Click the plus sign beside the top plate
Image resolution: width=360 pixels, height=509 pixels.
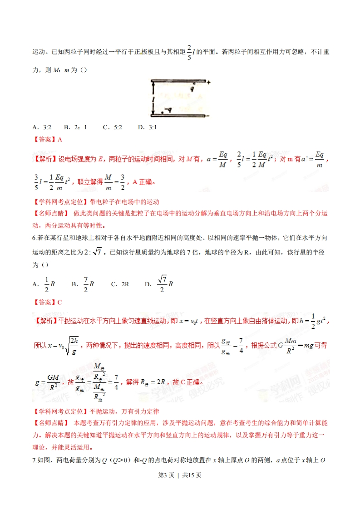point(208,82)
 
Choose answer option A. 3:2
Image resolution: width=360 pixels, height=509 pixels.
point(42,127)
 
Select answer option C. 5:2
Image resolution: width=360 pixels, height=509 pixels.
point(113,127)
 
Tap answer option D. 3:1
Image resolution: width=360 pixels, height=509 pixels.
point(148,127)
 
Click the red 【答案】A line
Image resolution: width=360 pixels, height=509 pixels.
point(47,140)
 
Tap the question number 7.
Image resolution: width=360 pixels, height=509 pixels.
point(35,461)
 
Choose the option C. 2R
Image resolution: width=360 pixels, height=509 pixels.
point(120,284)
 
